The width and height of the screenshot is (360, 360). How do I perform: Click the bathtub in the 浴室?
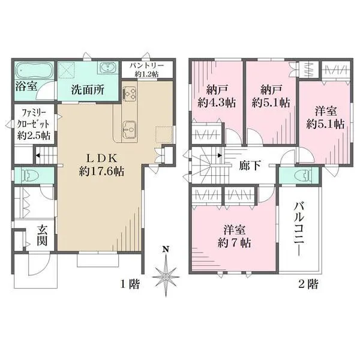(x=34, y=70)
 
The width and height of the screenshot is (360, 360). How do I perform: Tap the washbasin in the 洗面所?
(x=107, y=68)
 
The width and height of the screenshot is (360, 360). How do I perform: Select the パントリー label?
(x=147, y=65)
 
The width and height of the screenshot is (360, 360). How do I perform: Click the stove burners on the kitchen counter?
(x=130, y=94)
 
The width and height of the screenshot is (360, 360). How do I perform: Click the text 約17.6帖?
(x=101, y=171)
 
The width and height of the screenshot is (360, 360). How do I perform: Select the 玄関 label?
(x=43, y=235)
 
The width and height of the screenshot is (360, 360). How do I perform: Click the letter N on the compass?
(x=166, y=249)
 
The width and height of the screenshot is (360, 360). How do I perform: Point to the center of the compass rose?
(x=166, y=277)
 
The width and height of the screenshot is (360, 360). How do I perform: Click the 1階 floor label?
(x=130, y=284)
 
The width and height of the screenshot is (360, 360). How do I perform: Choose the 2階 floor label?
(x=308, y=284)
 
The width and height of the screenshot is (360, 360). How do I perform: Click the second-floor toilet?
(x=303, y=175)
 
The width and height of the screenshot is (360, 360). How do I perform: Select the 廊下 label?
(x=250, y=165)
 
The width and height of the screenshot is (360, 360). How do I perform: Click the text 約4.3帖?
(x=217, y=103)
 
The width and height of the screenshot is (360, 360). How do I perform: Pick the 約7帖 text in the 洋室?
(x=234, y=242)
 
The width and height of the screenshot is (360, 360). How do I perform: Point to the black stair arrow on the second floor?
(x=220, y=155)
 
